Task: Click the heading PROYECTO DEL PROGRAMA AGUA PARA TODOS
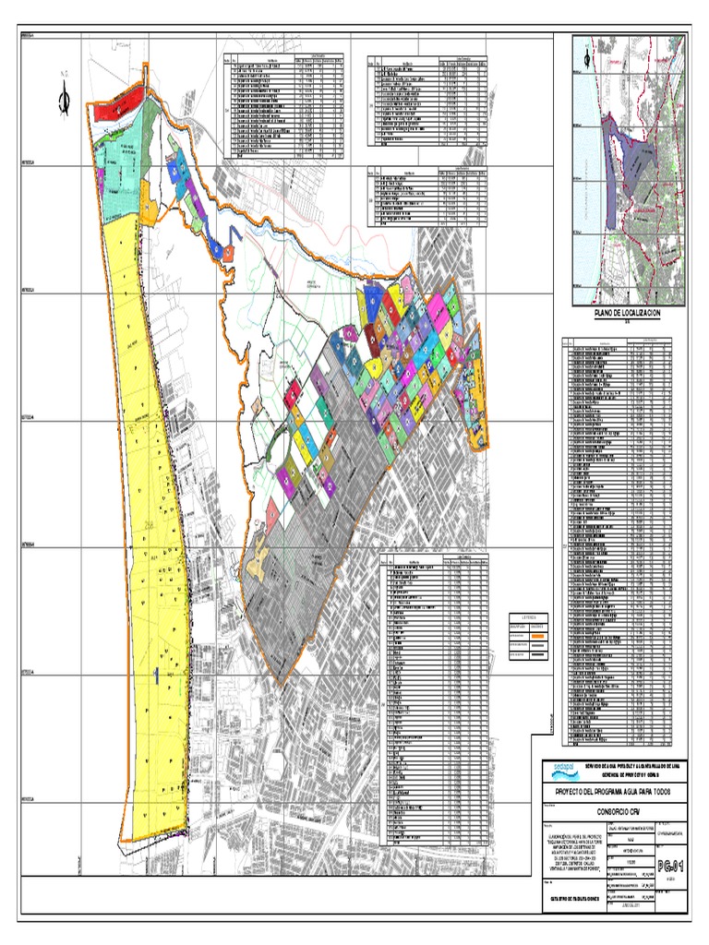(x=615, y=791)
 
